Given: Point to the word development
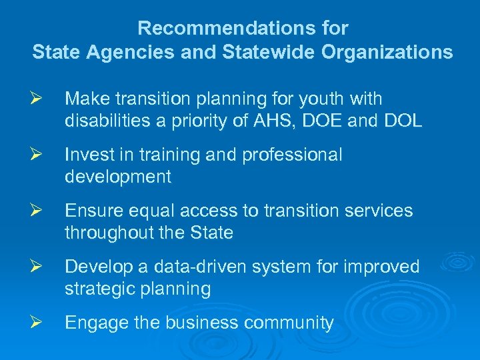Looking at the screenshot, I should tap(118, 177).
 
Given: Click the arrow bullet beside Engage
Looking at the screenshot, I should tap(37, 323).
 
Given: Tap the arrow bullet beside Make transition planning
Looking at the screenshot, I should tap(37, 99).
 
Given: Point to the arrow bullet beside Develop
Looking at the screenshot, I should tap(37, 267).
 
